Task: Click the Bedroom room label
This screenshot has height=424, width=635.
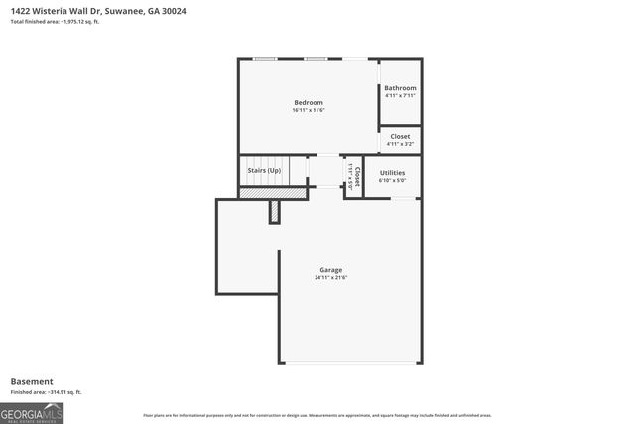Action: [x=308, y=103]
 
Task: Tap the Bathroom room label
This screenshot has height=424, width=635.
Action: [x=400, y=88]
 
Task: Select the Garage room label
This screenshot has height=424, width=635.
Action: [x=330, y=270]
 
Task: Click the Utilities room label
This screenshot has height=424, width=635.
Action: [x=392, y=173]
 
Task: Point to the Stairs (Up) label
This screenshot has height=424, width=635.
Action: [x=264, y=170]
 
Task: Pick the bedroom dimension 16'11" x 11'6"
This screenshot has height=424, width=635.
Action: [x=308, y=110]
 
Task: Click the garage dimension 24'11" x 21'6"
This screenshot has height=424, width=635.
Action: [x=330, y=277]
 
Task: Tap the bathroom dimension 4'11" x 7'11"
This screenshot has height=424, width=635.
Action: [x=400, y=95]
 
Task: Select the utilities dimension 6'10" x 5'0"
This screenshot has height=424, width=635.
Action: [x=392, y=180]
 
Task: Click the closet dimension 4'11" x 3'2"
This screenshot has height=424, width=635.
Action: [x=400, y=144]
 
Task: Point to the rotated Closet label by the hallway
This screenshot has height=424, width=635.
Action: [x=356, y=175]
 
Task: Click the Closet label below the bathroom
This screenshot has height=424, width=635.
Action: [x=400, y=136]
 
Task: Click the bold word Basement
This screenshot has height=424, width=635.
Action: [x=31, y=381]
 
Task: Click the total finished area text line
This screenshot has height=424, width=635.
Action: [x=55, y=21]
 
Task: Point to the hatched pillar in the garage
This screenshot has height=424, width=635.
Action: [x=274, y=212]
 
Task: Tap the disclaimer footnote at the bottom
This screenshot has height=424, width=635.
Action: [x=317, y=415]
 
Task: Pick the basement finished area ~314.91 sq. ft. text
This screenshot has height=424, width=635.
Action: [x=46, y=392]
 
